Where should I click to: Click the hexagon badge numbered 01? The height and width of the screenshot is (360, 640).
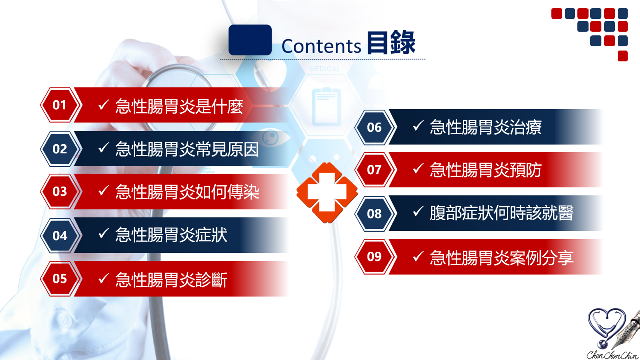coord(60,105)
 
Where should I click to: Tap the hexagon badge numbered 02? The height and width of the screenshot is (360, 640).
coord(60,149)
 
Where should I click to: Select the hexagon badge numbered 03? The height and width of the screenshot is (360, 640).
coord(60,191)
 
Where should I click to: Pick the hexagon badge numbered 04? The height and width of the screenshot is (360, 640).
coord(60,235)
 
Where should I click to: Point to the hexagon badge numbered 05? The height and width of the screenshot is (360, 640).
coord(60,279)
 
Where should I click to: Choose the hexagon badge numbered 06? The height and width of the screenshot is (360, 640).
coord(375,127)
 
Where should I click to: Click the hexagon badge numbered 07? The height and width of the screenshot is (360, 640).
coord(375,170)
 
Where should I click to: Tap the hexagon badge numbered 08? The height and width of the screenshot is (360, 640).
coord(375,213)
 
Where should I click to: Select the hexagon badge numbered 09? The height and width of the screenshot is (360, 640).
coord(375,257)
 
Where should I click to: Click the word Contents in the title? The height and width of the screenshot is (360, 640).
coord(321,46)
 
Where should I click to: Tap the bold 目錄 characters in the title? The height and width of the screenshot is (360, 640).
coord(391,43)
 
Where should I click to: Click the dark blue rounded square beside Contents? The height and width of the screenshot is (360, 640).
coord(250,40)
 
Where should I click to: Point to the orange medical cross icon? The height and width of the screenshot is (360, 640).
coord(327,192)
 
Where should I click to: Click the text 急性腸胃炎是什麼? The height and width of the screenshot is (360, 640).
coord(179,106)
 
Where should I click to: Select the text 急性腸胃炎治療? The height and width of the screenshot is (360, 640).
coord(486,127)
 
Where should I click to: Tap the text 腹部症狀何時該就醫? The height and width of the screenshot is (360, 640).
coord(501,213)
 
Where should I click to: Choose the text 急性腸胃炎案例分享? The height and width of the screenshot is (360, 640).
coord(501,257)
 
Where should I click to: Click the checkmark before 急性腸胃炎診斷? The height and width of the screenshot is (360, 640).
coord(104,278)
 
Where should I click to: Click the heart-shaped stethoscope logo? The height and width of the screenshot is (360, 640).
coord(607,328)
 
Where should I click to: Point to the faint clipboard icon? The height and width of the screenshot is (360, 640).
coord(327,107)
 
